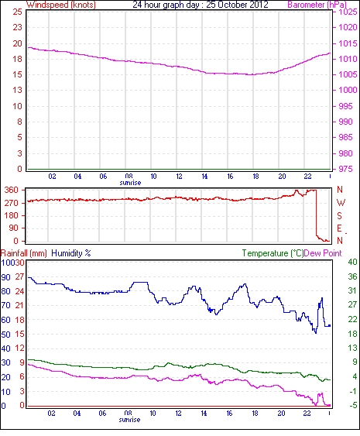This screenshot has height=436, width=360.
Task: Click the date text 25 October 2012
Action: pyautogui.click(x=237, y=5)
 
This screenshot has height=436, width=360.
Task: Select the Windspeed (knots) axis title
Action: pyautogui.click(x=61, y=5)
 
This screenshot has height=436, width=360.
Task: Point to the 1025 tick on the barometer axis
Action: pyautogui.click(x=348, y=12)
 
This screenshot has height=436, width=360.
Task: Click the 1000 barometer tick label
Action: pyautogui.click(x=348, y=90)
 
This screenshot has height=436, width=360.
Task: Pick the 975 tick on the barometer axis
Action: pyautogui.click(x=345, y=169)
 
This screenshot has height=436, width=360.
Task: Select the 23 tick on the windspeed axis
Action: pyautogui.click(x=17, y=28)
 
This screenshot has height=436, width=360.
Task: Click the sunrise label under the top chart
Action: pyautogui.click(x=130, y=183)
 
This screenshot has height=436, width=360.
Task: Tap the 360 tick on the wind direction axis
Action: pyautogui.click(x=12, y=191)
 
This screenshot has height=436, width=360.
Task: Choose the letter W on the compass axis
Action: pyautogui.click(x=341, y=203)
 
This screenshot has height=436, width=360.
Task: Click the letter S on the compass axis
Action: pyautogui.click(x=339, y=215)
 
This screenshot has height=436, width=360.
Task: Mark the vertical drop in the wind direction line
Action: pyautogui.click(x=316, y=213)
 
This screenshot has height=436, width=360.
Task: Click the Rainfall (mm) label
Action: pyautogui.click(x=24, y=253)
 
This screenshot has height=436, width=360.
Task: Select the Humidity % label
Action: pyautogui.click(x=71, y=253)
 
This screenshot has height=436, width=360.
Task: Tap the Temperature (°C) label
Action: pyautogui.click(x=273, y=253)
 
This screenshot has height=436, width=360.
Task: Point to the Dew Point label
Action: pyautogui.click(x=323, y=253)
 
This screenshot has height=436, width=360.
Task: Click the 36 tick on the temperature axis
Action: pyautogui.click(x=352, y=276)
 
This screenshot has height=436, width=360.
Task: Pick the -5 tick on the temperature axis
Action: pyautogui.click(x=352, y=406)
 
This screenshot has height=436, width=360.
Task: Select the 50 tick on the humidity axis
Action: pyautogui.click(x=6, y=335)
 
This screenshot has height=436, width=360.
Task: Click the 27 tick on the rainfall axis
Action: pyautogui.click(x=19, y=276)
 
